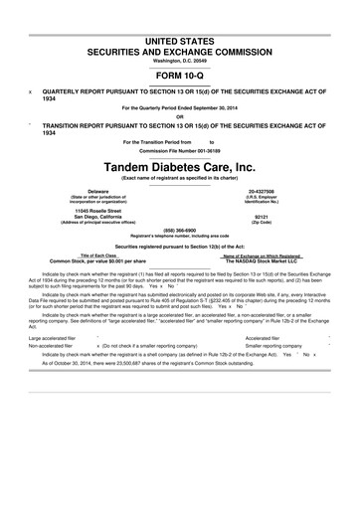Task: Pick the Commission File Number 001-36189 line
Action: coord(180,149)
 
